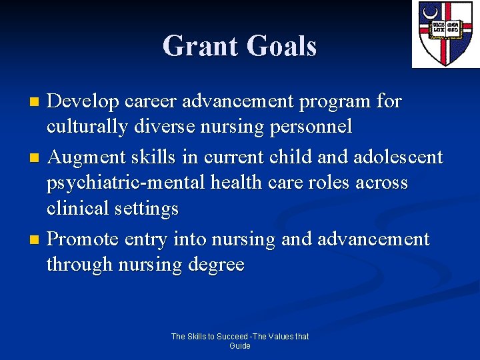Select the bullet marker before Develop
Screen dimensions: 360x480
[37, 102]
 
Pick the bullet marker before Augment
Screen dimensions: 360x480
[37, 158]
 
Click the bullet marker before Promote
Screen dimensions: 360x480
[37, 239]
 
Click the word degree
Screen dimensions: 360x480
[216, 265]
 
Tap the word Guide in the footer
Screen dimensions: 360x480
[240, 346]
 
